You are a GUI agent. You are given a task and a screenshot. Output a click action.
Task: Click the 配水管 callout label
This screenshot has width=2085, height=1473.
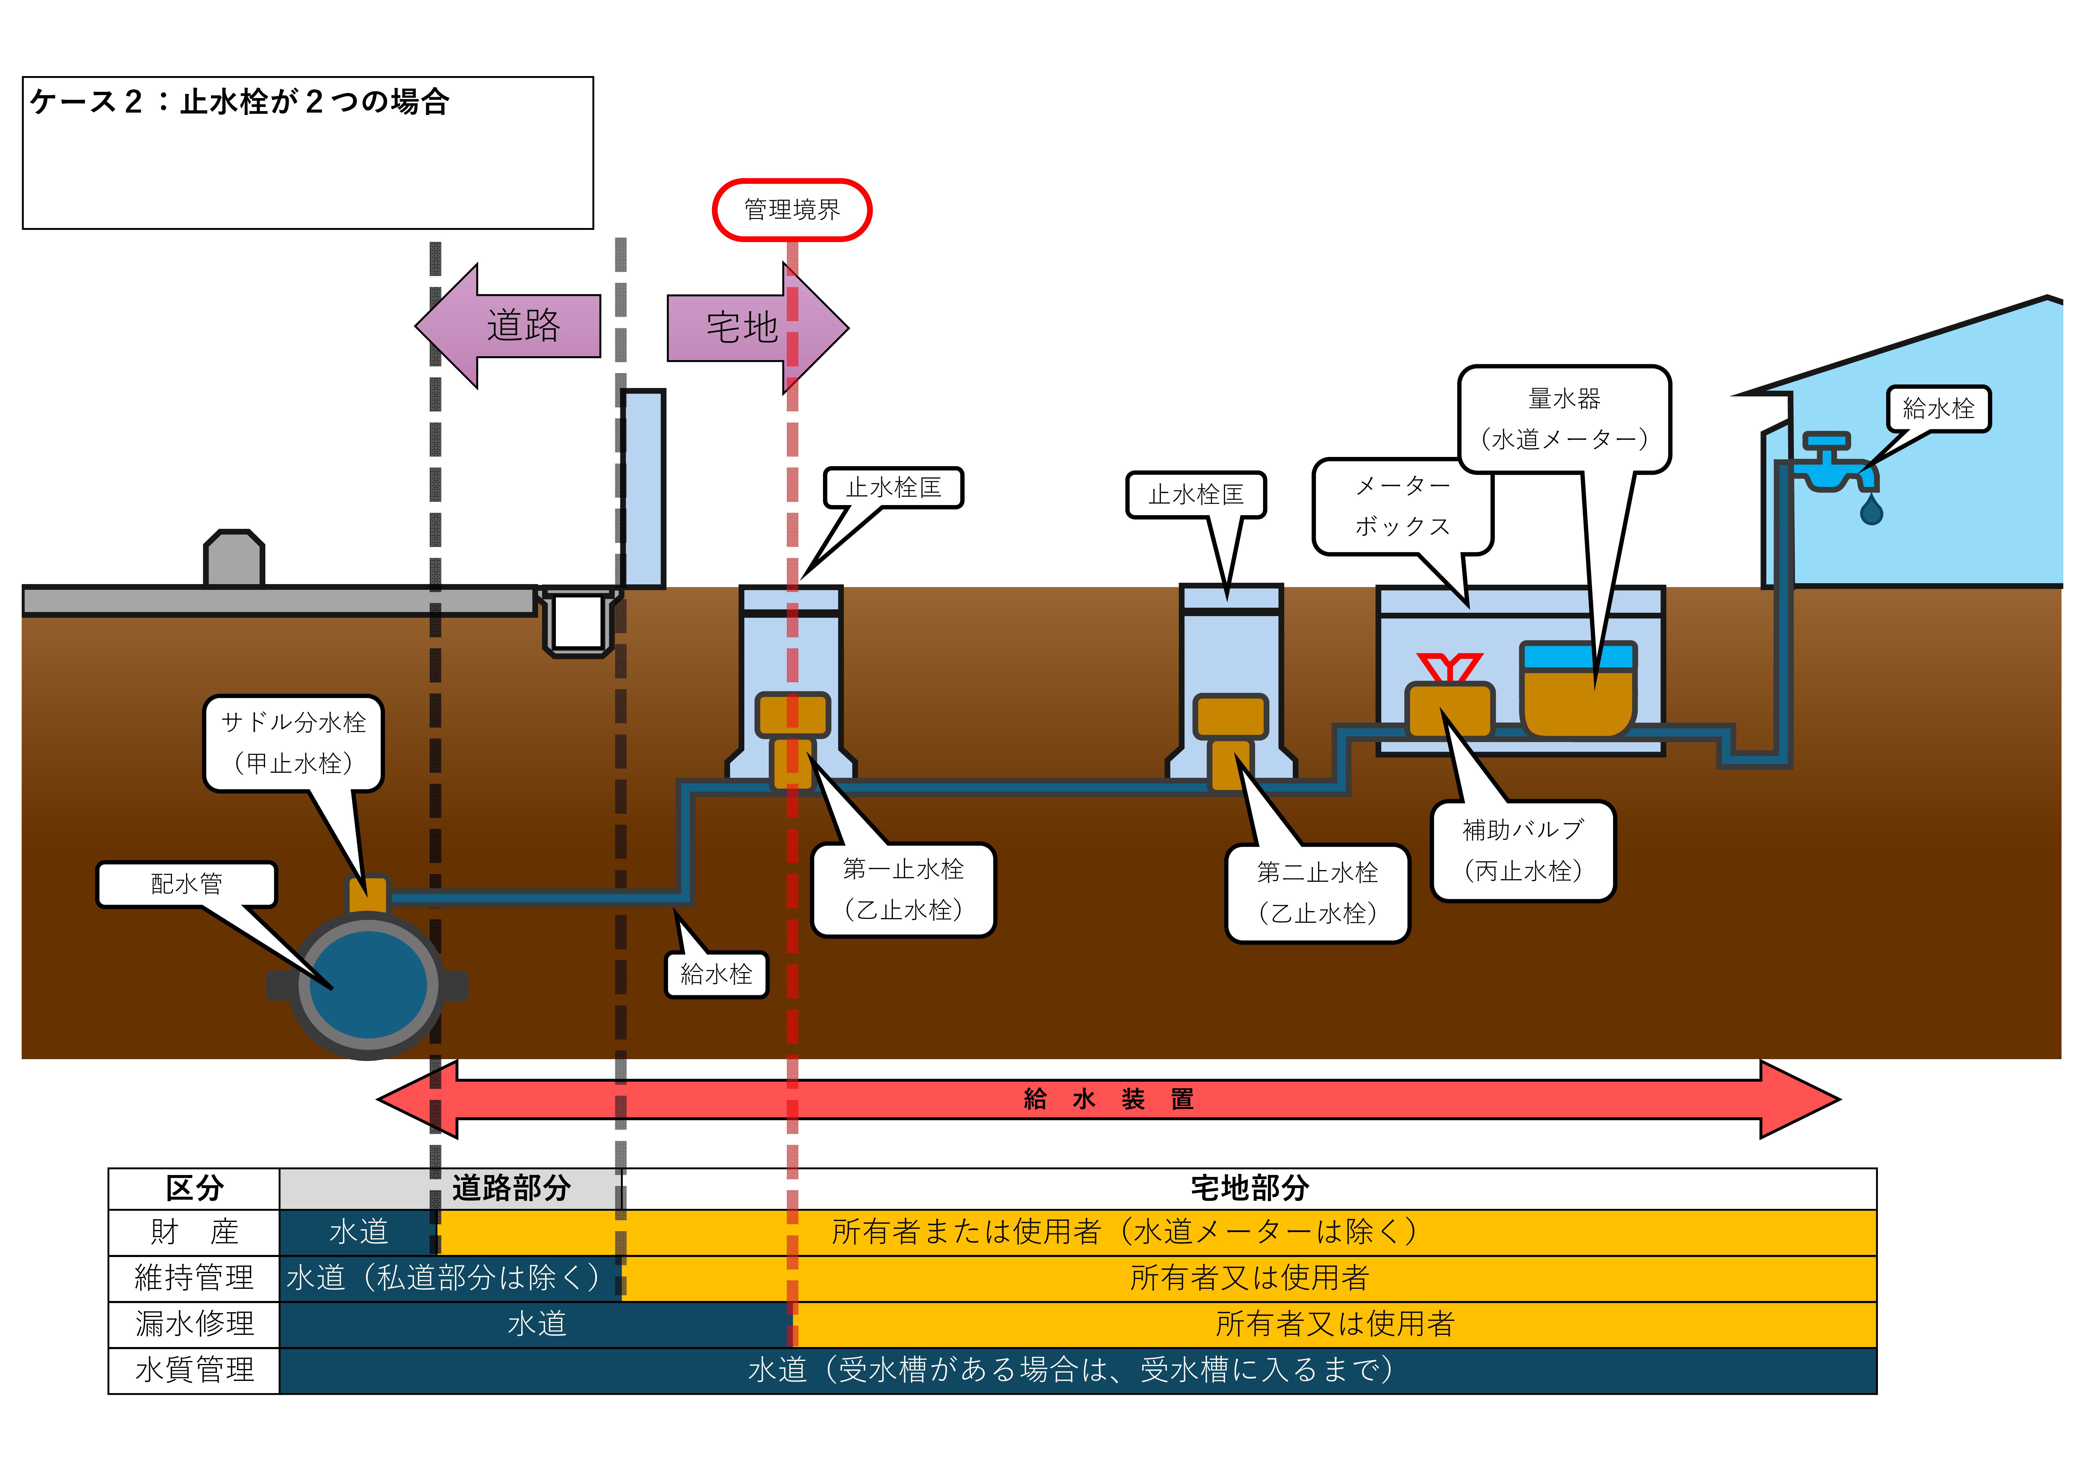click(x=186, y=884)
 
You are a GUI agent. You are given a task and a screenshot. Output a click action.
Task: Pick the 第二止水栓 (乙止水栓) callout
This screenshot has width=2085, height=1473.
click(x=1317, y=893)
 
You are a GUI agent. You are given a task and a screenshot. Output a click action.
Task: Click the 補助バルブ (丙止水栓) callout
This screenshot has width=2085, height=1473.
click(x=1523, y=850)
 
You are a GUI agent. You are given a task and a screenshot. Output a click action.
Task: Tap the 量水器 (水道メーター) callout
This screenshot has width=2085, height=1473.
click(x=1564, y=419)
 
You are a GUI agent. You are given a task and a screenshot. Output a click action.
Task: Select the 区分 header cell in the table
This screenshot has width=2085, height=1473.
click(x=193, y=1188)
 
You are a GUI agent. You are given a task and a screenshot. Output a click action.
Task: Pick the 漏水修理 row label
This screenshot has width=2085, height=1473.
click(x=193, y=1324)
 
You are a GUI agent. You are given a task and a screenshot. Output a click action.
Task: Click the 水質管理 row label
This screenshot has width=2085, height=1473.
click(x=193, y=1370)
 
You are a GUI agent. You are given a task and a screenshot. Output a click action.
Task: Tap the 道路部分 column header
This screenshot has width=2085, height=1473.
click(x=511, y=1188)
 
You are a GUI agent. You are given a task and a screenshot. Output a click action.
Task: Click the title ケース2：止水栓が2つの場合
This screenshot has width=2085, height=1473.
click(x=239, y=102)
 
